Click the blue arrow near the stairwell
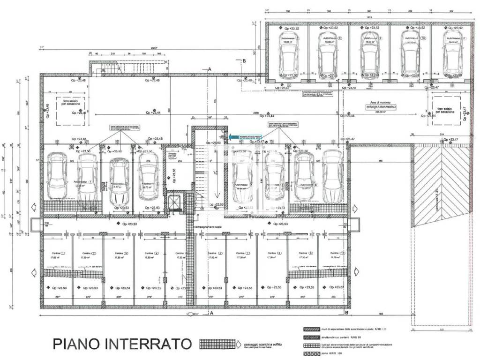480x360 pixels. pos(234,136)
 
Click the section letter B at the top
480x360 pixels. pos(244,61)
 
